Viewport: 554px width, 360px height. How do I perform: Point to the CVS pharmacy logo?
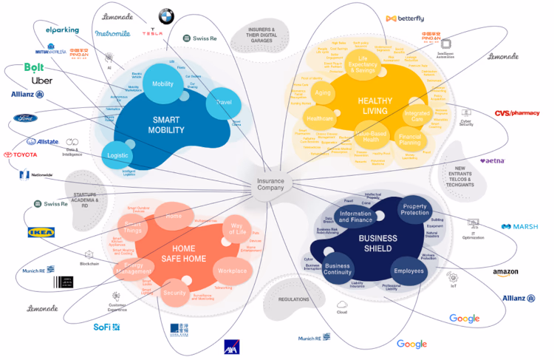click(517, 113)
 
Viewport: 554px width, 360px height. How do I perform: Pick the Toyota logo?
click(20, 154)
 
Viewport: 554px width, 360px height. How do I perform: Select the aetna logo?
click(494, 160)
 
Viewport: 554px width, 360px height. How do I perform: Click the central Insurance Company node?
click(275, 184)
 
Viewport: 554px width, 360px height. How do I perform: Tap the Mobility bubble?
click(163, 84)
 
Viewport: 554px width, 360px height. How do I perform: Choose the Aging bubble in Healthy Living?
click(323, 94)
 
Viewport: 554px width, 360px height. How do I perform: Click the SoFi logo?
click(106, 326)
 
